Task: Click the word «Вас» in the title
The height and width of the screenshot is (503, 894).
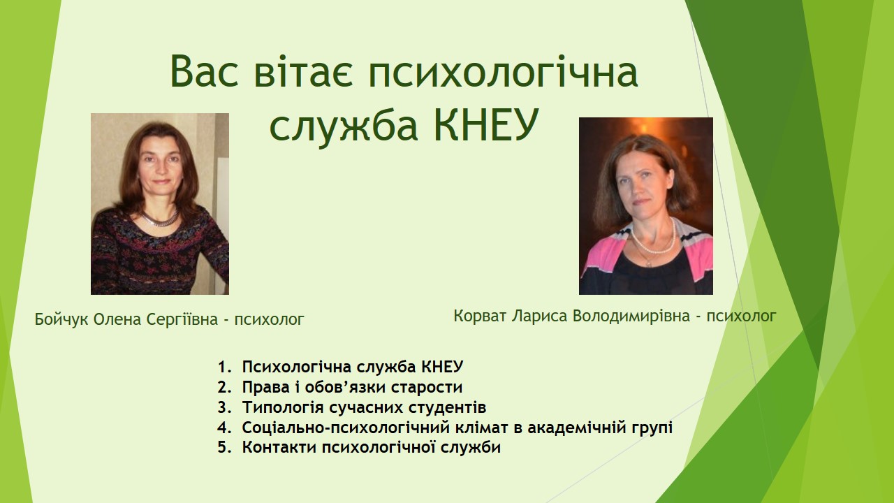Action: click(x=204, y=72)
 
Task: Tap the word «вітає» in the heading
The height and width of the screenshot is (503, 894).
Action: click(x=303, y=71)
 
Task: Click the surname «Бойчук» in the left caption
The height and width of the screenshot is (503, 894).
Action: click(x=61, y=319)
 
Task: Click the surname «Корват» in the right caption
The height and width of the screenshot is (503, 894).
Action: click(x=481, y=316)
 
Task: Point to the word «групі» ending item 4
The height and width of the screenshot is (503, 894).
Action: click(x=652, y=428)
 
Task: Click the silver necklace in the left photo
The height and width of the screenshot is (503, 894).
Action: click(x=159, y=219)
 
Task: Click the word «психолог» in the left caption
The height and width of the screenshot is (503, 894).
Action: click(x=269, y=319)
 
